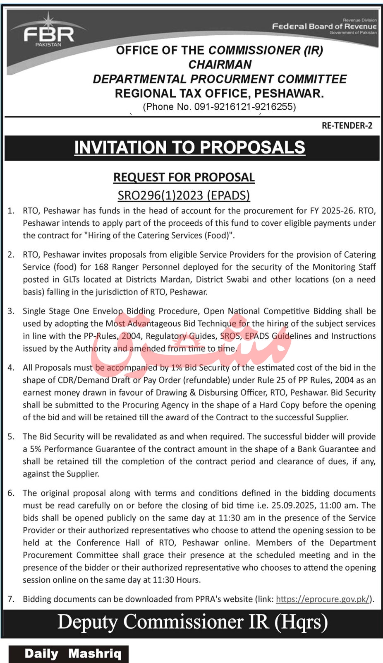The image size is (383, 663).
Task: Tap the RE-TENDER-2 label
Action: (x=347, y=125)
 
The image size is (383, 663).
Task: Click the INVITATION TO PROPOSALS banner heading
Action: (x=189, y=147)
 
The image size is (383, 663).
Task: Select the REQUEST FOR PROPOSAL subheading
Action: (x=184, y=177)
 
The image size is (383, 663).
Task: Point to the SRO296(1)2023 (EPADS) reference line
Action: (x=184, y=195)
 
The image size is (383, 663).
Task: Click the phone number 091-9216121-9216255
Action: (x=244, y=107)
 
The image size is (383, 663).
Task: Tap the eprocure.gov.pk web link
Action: (x=323, y=599)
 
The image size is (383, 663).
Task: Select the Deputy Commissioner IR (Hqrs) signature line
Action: (x=192, y=622)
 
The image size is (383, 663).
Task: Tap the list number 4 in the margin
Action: (x=11, y=368)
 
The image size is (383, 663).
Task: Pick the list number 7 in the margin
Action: (x=11, y=599)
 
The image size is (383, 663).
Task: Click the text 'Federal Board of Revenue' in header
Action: (x=324, y=26)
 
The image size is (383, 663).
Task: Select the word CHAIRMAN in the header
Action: (x=220, y=65)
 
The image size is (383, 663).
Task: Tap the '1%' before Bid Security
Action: (x=176, y=368)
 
